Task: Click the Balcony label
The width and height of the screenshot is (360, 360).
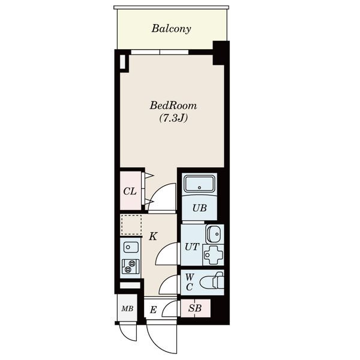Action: click(x=171, y=29)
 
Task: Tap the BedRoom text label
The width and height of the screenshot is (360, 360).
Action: click(x=173, y=106)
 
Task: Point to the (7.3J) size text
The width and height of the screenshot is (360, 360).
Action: click(x=173, y=118)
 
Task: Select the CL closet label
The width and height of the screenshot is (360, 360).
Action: click(x=130, y=191)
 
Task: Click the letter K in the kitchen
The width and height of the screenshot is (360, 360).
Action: click(x=153, y=236)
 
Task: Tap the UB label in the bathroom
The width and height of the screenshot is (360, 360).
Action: click(x=200, y=208)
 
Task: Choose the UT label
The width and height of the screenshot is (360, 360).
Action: click(x=192, y=247)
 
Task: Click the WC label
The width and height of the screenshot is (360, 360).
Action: click(x=189, y=282)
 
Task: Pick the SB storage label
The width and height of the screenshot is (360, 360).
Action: click(x=195, y=308)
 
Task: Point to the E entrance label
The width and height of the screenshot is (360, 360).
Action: click(x=153, y=310)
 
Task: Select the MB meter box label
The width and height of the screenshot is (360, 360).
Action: click(x=127, y=308)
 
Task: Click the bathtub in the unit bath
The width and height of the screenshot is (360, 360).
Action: click(x=200, y=184)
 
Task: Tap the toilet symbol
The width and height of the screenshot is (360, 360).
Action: click(x=212, y=281)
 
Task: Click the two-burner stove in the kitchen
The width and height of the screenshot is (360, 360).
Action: click(x=130, y=266)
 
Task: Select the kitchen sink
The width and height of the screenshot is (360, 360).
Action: click(x=131, y=247)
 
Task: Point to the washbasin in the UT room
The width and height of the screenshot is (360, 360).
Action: click(x=214, y=234)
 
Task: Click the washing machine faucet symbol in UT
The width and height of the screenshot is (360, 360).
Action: click(x=213, y=255)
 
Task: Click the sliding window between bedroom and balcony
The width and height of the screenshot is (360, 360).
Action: click(x=160, y=52)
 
